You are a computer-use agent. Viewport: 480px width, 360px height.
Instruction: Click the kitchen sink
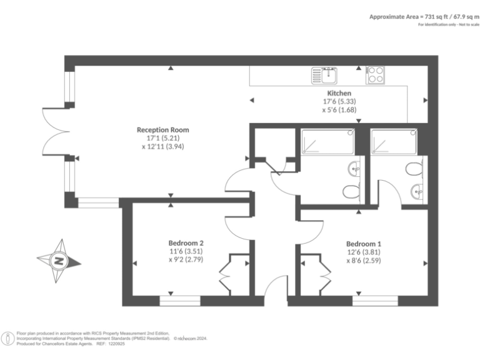point(325,75)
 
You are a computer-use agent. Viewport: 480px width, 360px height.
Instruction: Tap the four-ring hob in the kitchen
point(375,75)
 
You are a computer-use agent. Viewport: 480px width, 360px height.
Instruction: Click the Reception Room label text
point(162,130)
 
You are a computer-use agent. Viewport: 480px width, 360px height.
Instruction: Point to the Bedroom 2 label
point(186,243)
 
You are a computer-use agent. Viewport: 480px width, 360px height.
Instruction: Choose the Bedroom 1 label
point(363,244)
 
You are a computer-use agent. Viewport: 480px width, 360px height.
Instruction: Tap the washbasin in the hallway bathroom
point(354,168)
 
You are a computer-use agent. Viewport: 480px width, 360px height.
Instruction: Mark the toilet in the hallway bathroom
point(350,190)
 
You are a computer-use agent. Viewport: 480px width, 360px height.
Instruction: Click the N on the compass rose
point(58,261)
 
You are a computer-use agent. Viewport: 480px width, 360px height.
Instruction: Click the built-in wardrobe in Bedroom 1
point(312,274)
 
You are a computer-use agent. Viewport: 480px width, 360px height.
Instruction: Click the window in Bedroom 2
point(180,301)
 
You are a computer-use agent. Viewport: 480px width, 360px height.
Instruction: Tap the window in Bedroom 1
point(375,301)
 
